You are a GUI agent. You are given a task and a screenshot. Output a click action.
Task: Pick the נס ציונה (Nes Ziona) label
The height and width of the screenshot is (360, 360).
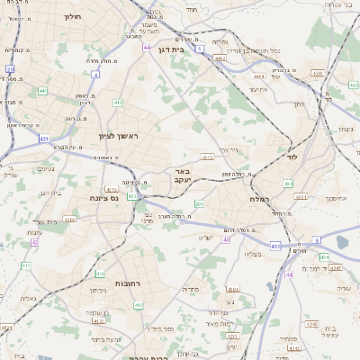click(103, 197)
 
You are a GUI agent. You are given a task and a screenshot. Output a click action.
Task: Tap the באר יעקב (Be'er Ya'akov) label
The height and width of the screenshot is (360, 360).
click(182, 175)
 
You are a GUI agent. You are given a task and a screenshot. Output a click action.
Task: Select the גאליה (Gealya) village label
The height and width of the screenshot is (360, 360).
click(28, 298)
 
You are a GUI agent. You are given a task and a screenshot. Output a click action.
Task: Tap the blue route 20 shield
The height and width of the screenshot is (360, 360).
click(10, 68)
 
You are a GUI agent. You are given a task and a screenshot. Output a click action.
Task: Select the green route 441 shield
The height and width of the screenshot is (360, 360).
click(42, 91)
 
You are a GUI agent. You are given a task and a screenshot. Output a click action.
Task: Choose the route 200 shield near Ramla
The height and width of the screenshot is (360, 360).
click(199, 205)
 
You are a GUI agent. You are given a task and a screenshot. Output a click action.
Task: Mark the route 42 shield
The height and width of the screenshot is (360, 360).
click(34, 242)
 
